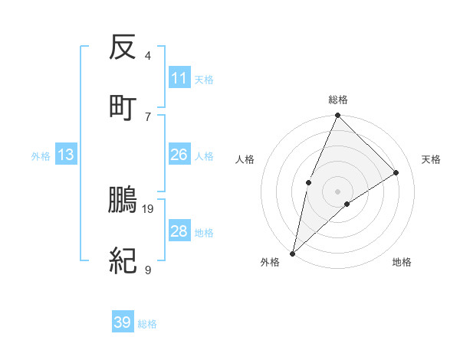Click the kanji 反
click(123, 48)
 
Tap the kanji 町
click(123, 107)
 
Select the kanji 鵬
click(123, 200)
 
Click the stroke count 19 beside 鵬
click(149, 208)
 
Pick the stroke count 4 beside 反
click(148, 56)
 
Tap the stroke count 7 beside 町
click(148, 116)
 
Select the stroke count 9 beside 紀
click(148, 270)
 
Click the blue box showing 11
click(179, 78)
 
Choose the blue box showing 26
click(179, 155)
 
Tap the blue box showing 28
click(179, 231)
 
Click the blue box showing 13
click(66, 155)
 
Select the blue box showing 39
click(123, 322)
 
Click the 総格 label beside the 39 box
click(148, 324)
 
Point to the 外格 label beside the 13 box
click(41, 156)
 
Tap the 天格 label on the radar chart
click(432, 159)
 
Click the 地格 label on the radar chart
click(402, 262)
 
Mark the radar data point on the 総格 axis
click(337, 116)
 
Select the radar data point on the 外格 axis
click(292, 253)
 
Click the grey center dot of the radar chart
click(337, 191)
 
